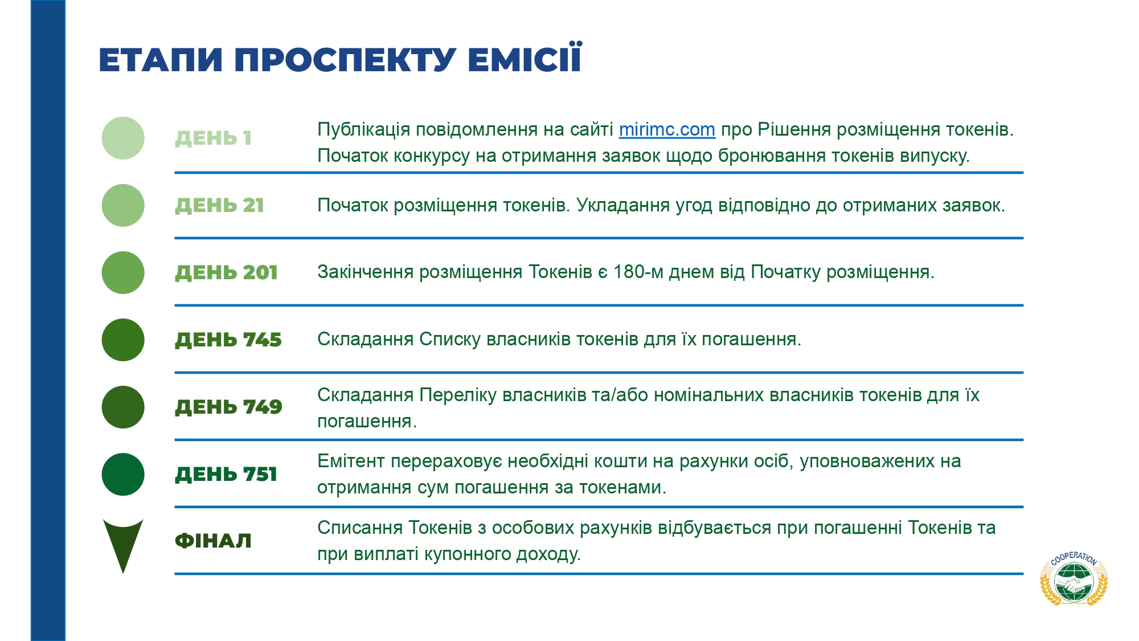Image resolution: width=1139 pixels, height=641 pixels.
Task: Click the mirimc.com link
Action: coord(667,130)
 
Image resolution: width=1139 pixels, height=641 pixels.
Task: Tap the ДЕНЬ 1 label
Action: coord(213,138)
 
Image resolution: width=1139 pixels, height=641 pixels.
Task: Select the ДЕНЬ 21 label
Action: coord(219,205)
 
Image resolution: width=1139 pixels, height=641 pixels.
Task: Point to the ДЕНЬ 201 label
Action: coord(226,272)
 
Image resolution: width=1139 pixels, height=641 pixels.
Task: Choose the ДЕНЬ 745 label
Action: coord(228,340)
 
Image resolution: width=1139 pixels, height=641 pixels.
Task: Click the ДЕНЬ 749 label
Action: coord(228,407)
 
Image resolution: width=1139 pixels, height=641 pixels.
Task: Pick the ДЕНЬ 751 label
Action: coord(226,474)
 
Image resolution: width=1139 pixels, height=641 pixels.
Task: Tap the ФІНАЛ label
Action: coord(213,541)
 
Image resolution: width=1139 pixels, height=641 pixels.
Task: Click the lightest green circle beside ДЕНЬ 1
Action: coord(123,138)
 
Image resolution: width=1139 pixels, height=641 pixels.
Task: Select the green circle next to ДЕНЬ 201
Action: coord(123,272)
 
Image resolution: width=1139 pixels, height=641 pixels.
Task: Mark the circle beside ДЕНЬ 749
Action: coord(123,407)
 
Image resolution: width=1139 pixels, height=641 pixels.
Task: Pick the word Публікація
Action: coord(363,130)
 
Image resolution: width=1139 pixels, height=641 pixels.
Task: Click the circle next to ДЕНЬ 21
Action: coord(123,205)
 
